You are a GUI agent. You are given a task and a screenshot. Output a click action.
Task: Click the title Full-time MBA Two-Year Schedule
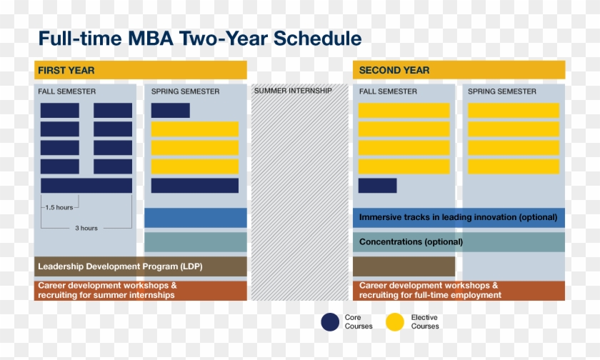pyautogui.click(x=199, y=38)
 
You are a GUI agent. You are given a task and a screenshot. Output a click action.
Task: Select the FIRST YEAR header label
pyautogui.click(x=66, y=70)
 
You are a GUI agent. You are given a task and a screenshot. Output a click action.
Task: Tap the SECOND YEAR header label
pyautogui.click(x=394, y=70)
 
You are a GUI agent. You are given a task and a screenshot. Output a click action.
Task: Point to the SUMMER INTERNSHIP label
pyautogui.click(x=293, y=91)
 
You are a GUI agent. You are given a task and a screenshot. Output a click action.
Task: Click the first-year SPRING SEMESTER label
pyautogui.click(x=185, y=91)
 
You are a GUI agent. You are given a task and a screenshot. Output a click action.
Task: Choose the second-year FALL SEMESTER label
pyautogui.click(x=388, y=91)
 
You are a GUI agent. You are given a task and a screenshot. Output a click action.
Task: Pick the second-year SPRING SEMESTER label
pyautogui.click(x=502, y=91)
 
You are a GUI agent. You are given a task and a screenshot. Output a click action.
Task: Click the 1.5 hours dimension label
pyautogui.click(x=59, y=207)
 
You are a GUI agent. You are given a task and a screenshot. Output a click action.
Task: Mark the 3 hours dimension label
pyautogui.click(x=86, y=228)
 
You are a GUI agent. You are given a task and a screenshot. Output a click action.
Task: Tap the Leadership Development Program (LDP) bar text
pyautogui.click(x=120, y=266)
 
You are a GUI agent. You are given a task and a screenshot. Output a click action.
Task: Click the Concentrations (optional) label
pyautogui.click(x=411, y=242)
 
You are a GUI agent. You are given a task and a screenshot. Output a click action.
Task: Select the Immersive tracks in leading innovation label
pyautogui.click(x=458, y=217)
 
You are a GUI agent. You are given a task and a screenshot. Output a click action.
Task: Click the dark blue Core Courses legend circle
pyautogui.click(x=330, y=322)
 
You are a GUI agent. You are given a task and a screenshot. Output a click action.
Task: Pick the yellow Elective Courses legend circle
pyautogui.click(x=395, y=322)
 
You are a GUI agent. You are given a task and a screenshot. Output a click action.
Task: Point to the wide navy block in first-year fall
pyautogui.click(x=86, y=186)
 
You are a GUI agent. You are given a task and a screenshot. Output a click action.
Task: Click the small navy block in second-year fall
pyautogui.click(x=377, y=186)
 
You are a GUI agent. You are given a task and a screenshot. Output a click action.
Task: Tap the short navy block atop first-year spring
pyautogui.click(x=171, y=111)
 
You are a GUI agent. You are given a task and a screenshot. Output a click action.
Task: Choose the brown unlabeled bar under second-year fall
pyautogui.click(x=404, y=266)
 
